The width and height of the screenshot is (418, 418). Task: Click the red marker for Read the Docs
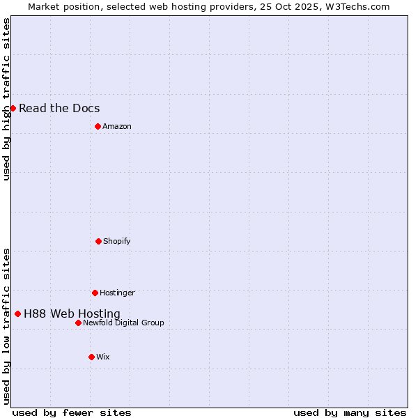coord(13,108)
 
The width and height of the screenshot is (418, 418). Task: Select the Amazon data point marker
coord(98,126)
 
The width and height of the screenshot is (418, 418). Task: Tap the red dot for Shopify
coord(98,241)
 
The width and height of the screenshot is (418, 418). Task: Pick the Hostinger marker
coord(95,293)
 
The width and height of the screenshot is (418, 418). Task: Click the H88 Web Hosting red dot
coord(17,313)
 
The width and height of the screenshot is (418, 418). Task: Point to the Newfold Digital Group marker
coord(78,323)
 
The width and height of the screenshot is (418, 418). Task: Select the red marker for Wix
coord(91,357)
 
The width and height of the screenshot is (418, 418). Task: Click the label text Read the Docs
coord(59,108)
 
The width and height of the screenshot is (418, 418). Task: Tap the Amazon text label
coord(117,126)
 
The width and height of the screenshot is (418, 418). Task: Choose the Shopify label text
coord(117,241)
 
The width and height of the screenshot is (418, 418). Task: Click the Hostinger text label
coord(117,293)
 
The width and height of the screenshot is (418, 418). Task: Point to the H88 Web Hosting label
coord(72,313)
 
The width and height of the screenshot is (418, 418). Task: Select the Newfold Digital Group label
coord(123,323)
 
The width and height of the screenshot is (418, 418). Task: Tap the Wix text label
coord(103,357)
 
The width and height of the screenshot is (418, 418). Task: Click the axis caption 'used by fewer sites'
coord(72,412)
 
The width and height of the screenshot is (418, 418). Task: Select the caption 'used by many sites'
coord(350,412)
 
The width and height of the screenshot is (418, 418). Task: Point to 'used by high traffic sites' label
coord(6,99)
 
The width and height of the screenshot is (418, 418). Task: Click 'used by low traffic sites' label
coord(6,326)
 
